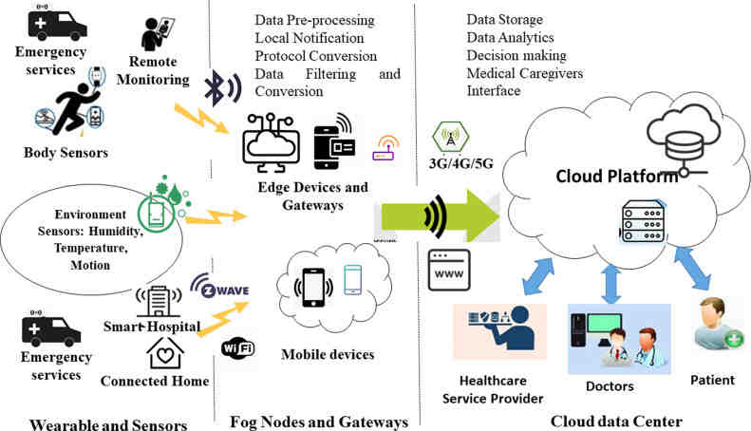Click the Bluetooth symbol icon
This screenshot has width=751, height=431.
click(x=222, y=88)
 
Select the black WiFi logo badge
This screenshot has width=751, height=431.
click(x=237, y=347)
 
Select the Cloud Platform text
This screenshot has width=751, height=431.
click(x=616, y=176)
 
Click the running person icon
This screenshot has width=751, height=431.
click(x=74, y=109)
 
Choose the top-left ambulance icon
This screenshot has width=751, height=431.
click(x=58, y=23)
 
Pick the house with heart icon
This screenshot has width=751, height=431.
click(x=164, y=353)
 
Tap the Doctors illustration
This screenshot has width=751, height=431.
click(x=618, y=338)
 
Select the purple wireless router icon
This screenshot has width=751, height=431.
click(x=385, y=149)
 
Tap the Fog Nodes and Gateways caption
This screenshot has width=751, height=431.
click(x=319, y=421)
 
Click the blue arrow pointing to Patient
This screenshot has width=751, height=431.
click(x=691, y=268)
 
